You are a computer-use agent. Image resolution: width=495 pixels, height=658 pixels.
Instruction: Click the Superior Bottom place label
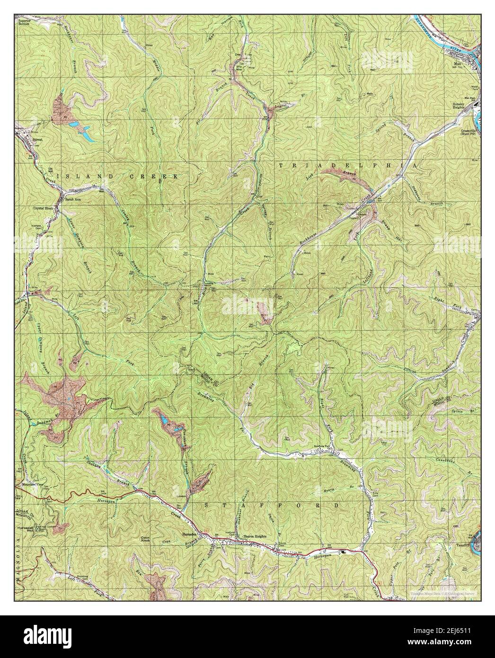(x=24, y=22)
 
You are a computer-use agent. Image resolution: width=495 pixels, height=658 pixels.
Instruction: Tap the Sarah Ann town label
(x=71, y=200)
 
